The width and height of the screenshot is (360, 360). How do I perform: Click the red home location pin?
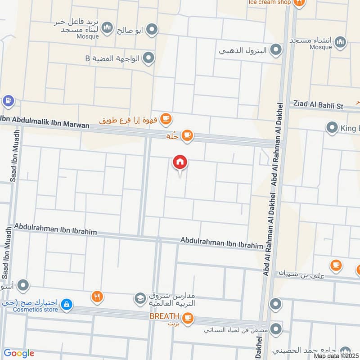180,162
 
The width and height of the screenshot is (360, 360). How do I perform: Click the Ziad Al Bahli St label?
318,105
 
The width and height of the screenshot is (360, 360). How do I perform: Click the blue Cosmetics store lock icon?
67,305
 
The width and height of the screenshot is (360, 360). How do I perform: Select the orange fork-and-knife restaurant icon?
97,296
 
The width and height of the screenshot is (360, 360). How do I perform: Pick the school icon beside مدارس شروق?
140,298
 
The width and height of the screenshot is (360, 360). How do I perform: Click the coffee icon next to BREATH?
188,317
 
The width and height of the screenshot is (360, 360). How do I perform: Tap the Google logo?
18,353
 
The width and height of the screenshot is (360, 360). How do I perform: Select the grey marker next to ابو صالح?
153,30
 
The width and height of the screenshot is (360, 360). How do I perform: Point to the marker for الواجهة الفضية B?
149,58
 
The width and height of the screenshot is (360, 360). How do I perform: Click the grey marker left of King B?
332,128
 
